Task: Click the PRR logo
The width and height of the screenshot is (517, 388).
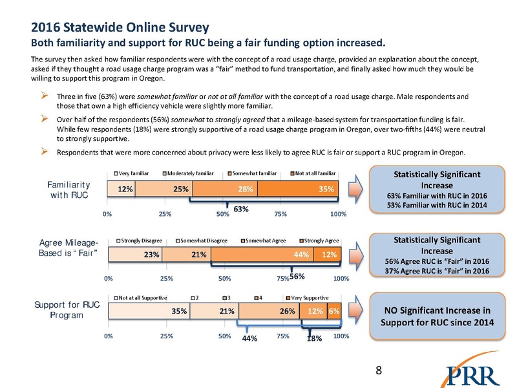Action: (474, 374)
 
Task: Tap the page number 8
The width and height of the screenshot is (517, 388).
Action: (379, 370)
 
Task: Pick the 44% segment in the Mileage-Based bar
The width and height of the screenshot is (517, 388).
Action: (262, 255)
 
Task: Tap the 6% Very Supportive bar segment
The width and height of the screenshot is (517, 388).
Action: (334, 311)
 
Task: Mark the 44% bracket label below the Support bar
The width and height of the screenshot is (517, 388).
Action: (250, 338)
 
